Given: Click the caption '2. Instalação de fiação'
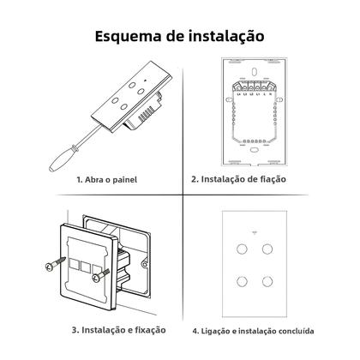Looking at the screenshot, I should click(x=251, y=180).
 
